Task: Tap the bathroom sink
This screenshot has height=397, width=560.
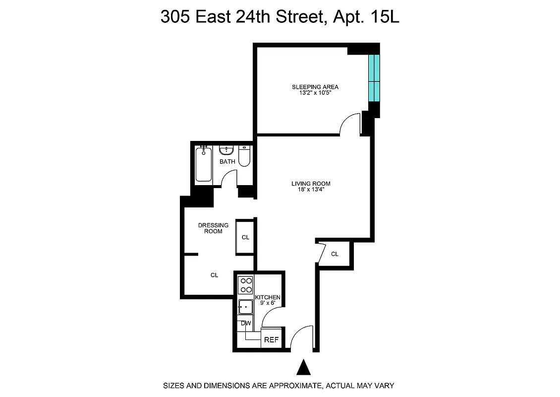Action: pos(227,150)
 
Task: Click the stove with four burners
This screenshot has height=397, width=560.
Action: pos(245,285)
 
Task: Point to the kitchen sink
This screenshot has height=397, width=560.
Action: pos(245,306)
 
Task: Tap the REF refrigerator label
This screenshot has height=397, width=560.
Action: pos(271,340)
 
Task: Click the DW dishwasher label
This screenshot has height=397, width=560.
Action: pos(245,323)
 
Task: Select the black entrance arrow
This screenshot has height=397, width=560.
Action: pos(303,368)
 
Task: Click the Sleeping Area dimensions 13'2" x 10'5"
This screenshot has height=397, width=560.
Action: pos(315,92)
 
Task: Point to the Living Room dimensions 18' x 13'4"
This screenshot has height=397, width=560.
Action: pos(311,189)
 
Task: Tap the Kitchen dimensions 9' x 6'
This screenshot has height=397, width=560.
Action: pos(268,303)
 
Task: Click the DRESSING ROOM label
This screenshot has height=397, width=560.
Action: pos(214,228)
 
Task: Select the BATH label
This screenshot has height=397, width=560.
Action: pos(227,162)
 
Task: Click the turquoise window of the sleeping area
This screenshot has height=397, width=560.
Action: pos(374,77)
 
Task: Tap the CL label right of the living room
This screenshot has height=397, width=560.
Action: pos(335,254)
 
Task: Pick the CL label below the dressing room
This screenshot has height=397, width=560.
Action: pos(214,275)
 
